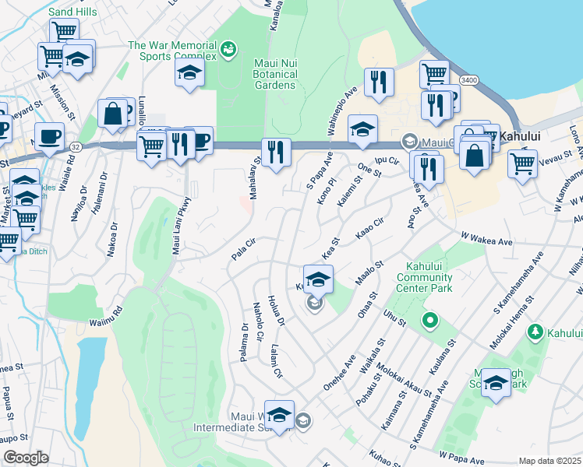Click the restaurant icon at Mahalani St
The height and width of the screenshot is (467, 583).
click(x=275, y=152)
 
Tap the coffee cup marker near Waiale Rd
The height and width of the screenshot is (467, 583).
click(x=49, y=137)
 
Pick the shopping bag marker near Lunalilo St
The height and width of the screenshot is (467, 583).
click(x=113, y=113)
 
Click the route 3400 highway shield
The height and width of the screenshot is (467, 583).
click(x=468, y=80)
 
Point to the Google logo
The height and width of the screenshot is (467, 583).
click(x=25, y=458)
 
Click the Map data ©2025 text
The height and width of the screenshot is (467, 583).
click(x=549, y=461)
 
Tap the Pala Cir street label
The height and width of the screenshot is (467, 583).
click(x=243, y=251)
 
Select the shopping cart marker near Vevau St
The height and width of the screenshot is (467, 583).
click(x=521, y=163)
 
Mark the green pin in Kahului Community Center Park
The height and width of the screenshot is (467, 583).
click(x=429, y=320)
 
